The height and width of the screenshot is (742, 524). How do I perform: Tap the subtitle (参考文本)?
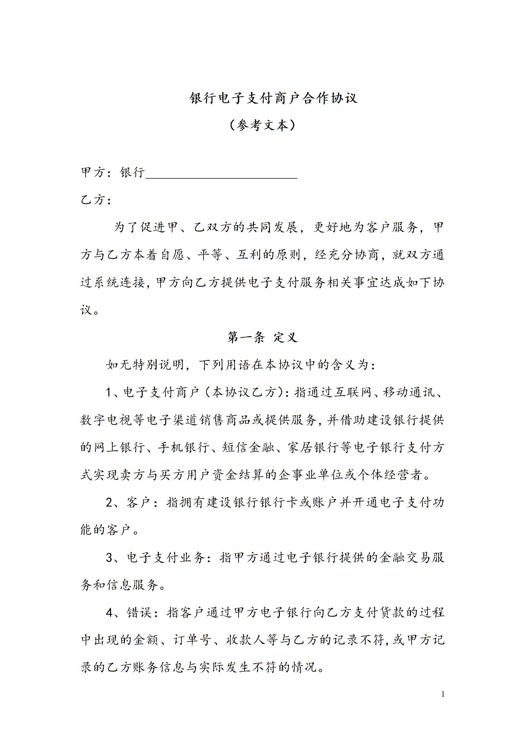262,125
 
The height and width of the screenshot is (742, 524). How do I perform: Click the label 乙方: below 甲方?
95,200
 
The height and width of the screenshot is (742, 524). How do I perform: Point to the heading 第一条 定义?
262,337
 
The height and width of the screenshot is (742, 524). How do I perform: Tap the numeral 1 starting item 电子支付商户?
110,393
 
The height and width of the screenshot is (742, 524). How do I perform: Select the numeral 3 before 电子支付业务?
110,558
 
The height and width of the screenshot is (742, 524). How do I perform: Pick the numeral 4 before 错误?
110,613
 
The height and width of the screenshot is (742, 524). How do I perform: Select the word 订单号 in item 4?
193,640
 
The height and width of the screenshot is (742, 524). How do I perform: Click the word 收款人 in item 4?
246,640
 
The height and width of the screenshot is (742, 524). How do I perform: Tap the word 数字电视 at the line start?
107,420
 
